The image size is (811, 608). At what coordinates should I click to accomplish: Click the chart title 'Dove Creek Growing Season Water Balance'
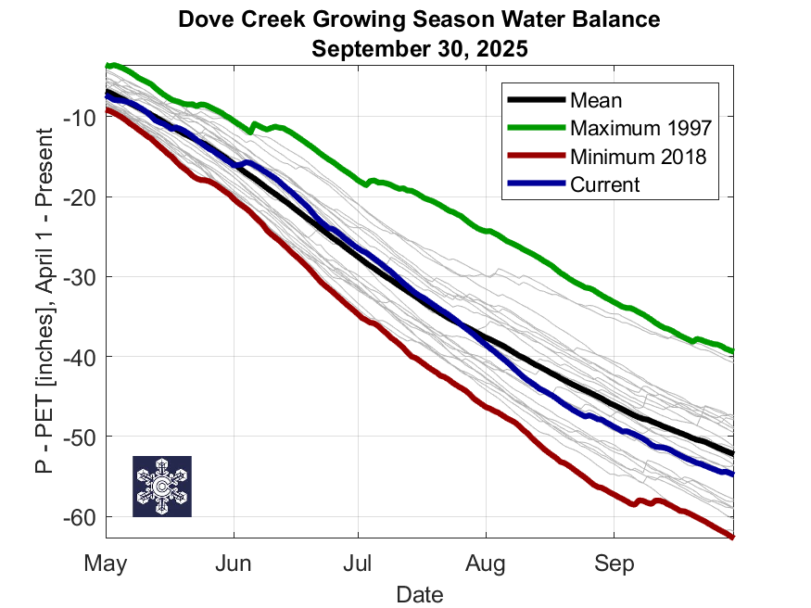click(x=419, y=20)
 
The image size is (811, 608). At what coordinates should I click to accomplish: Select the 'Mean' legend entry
click(x=596, y=100)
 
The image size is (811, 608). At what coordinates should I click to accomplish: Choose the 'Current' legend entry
click(x=604, y=184)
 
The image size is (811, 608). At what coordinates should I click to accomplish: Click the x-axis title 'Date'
click(x=419, y=593)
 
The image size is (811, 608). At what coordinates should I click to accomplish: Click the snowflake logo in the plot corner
click(x=162, y=486)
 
